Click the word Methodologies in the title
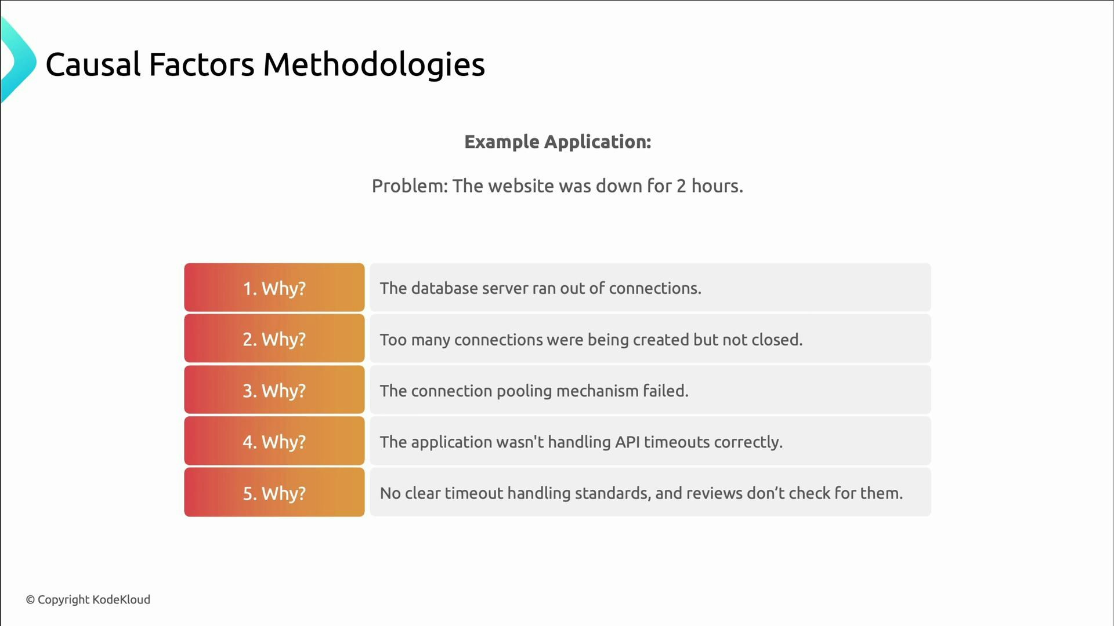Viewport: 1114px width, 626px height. tap(374, 65)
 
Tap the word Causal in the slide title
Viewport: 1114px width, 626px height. tap(93, 64)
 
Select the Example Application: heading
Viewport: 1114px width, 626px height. tap(558, 142)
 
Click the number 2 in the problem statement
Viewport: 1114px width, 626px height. tap(681, 186)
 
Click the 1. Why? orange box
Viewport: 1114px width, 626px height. tap(274, 288)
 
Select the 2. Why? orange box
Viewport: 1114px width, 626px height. tap(274, 339)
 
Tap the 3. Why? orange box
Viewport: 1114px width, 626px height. tap(274, 390)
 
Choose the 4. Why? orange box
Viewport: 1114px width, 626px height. tap(274, 441)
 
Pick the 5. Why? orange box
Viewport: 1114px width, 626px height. tap(274, 493)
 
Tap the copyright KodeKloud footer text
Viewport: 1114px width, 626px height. tap(88, 599)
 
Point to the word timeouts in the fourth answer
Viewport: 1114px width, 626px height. tap(677, 442)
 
